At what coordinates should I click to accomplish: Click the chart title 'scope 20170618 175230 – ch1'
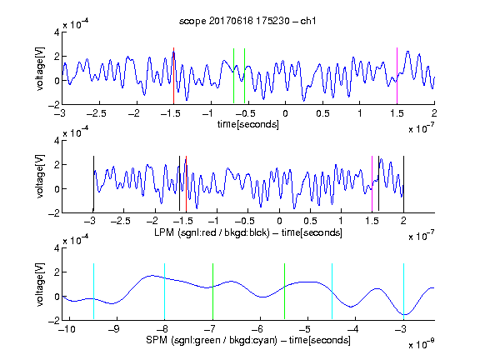tap(247, 21)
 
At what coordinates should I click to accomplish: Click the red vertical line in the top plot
tap(173, 76)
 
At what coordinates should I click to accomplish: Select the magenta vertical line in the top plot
tap(397, 76)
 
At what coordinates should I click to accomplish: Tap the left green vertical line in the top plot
tap(233, 76)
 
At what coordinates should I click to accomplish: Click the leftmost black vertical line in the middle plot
tap(93, 183)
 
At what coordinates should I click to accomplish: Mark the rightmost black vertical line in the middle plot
tap(403, 183)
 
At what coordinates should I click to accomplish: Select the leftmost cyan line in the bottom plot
tap(93, 291)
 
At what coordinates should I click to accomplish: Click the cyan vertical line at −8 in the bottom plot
tap(164, 291)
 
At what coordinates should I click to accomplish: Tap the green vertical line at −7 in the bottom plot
tap(212, 291)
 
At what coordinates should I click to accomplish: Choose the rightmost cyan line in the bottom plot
tap(403, 291)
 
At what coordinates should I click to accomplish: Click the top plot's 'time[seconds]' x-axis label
tap(248, 124)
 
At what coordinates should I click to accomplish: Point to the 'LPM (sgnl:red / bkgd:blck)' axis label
tap(212, 232)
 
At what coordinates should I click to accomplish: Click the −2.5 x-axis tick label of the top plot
tap(97, 114)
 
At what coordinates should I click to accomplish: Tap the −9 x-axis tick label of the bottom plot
tap(113, 329)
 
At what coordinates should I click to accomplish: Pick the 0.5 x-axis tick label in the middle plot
tap(310, 221)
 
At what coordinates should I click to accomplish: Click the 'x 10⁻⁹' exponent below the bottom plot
tap(421, 344)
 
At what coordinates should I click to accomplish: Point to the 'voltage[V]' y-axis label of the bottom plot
tap(40, 284)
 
